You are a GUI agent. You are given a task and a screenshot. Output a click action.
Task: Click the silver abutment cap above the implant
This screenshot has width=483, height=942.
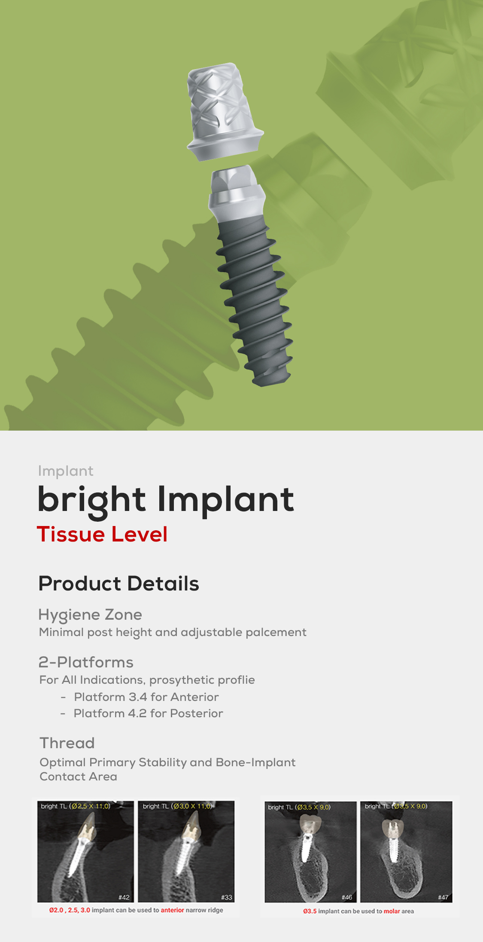tap(224, 112)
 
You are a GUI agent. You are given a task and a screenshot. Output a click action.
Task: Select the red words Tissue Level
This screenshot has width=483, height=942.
tap(102, 534)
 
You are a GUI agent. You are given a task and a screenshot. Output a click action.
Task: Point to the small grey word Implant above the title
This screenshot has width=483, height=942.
tap(66, 471)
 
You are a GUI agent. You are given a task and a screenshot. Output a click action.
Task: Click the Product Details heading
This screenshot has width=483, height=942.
tap(119, 584)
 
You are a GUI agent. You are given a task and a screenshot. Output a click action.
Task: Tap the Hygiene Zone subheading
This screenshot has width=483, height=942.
tap(90, 615)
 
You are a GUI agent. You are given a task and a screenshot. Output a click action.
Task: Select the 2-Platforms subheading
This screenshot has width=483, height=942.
tap(86, 662)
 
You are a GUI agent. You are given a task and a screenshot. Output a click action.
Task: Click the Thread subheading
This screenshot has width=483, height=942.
tap(67, 743)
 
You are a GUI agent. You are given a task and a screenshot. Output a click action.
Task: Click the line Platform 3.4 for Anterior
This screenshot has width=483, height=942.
tap(146, 697)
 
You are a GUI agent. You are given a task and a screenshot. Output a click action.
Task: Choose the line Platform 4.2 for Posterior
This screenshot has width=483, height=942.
tap(148, 713)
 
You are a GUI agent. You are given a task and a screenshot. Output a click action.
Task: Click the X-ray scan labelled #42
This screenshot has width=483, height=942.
tap(85, 851)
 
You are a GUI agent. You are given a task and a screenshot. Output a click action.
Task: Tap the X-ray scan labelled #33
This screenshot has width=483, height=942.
tap(187, 851)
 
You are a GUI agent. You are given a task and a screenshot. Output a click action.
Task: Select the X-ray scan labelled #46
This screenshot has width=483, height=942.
tap(311, 852)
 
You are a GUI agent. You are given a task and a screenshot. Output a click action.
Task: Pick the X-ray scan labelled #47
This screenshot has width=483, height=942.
tap(406, 852)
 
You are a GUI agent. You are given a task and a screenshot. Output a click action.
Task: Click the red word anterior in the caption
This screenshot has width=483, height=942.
tap(172, 910)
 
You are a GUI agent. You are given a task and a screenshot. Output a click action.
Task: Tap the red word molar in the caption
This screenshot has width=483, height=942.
tap(392, 911)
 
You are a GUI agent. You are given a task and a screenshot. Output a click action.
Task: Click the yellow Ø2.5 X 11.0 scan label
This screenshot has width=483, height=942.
tap(91, 806)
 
